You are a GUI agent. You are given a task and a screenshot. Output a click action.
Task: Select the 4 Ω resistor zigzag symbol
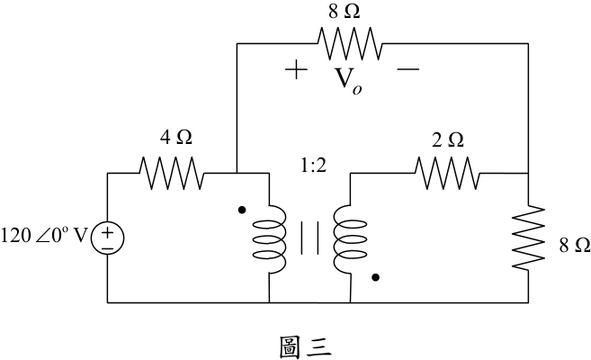point(172,173)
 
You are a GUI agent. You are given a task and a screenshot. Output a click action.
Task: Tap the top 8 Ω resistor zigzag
point(350,43)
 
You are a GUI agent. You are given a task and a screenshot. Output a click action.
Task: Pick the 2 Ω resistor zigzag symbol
point(448,173)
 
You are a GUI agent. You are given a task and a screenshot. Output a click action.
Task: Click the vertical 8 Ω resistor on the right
point(528,238)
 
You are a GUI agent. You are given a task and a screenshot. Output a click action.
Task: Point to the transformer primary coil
point(269,239)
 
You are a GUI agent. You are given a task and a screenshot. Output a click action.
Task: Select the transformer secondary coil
point(350,239)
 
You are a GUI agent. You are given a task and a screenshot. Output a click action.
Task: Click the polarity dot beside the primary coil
point(242,210)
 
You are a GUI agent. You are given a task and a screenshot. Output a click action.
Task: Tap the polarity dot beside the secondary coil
point(375,277)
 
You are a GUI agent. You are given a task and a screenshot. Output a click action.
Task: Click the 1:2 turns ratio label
point(314,166)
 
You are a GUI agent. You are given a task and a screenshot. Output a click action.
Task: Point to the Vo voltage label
point(348,80)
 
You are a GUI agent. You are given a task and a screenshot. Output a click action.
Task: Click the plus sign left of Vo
point(296,69)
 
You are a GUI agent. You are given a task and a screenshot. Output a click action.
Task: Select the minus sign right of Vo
point(407,69)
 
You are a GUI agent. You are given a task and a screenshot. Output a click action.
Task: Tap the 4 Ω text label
point(176,138)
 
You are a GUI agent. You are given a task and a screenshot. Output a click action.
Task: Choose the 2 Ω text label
point(448,139)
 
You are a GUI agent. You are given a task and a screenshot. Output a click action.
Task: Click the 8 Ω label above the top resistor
point(345,12)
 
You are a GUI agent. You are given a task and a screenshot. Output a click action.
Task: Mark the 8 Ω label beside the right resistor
point(575,246)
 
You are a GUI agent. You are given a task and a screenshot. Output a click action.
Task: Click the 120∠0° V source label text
point(44,237)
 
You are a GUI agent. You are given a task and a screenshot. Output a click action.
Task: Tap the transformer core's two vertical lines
point(309,238)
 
